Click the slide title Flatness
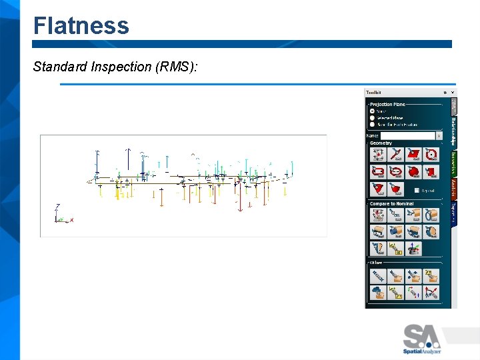(81, 26)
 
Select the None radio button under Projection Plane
(372, 111)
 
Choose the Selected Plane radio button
(372, 118)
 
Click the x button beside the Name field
(439, 136)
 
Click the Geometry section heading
(381, 143)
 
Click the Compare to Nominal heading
(391, 204)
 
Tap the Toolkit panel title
(373, 93)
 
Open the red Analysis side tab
(454, 189)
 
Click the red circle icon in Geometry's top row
(431, 155)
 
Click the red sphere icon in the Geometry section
(414, 172)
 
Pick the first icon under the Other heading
(379, 275)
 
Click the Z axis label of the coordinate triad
(59, 206)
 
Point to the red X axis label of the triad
(71, 219)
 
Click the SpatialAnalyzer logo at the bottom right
(421, 339)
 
